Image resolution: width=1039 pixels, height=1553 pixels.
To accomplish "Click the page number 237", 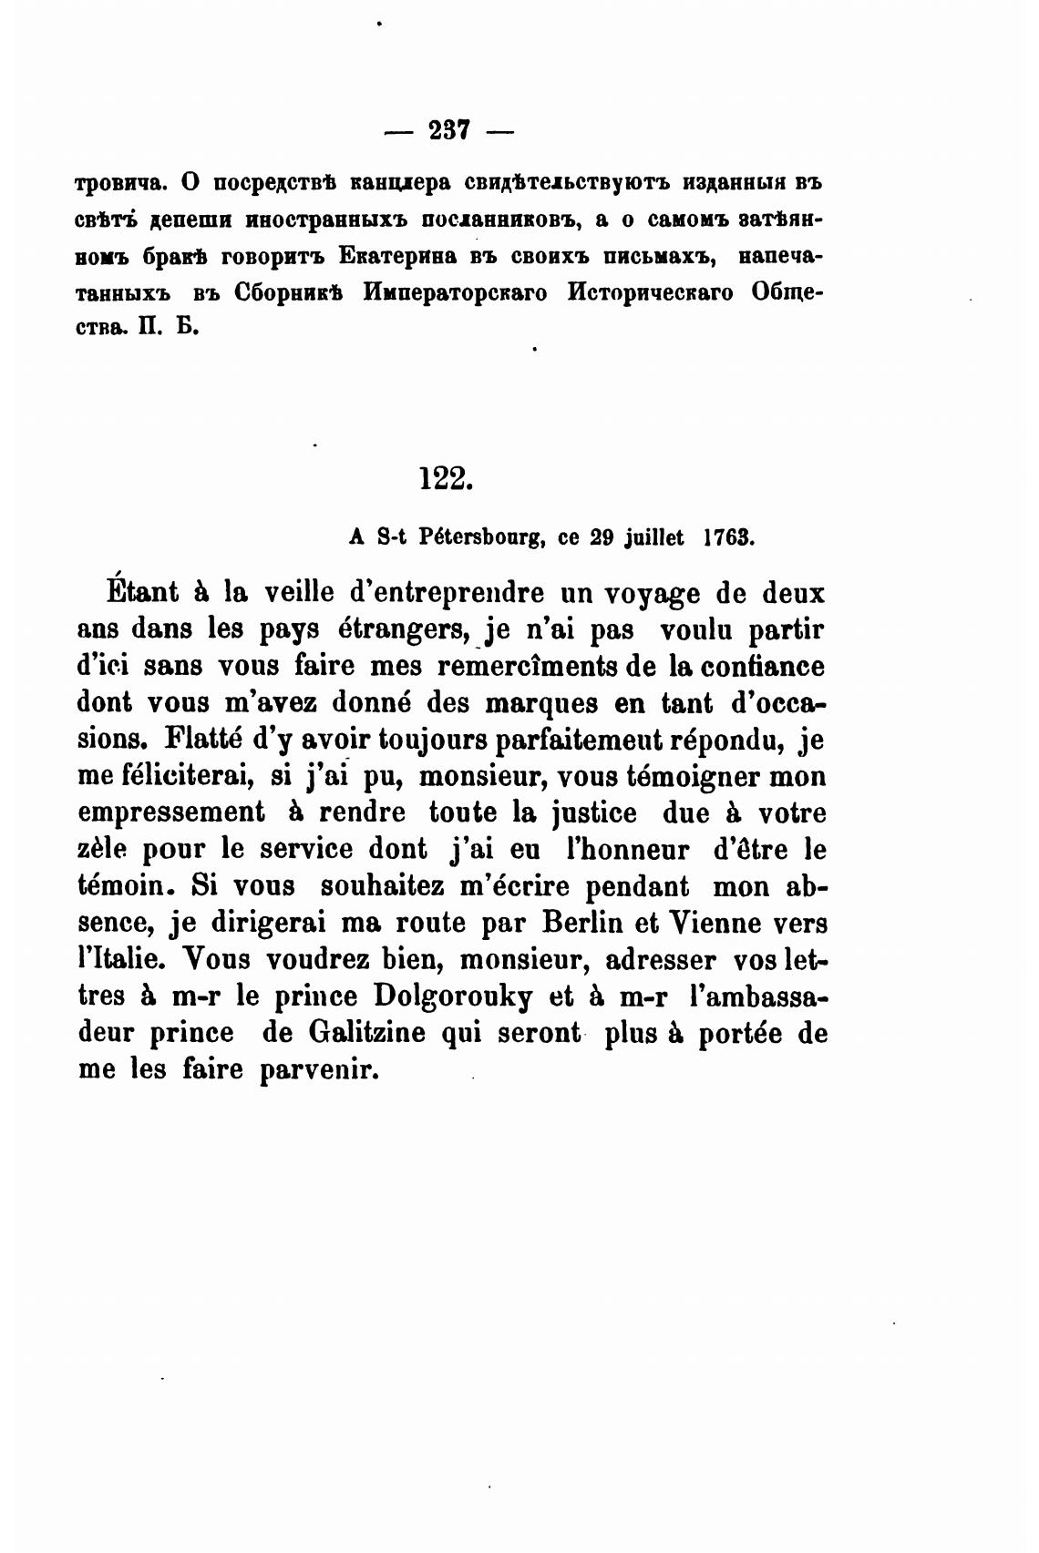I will (447, 131).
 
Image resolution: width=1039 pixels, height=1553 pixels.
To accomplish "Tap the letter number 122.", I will (446, 478).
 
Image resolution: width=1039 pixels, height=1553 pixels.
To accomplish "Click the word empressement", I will (171, 812).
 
